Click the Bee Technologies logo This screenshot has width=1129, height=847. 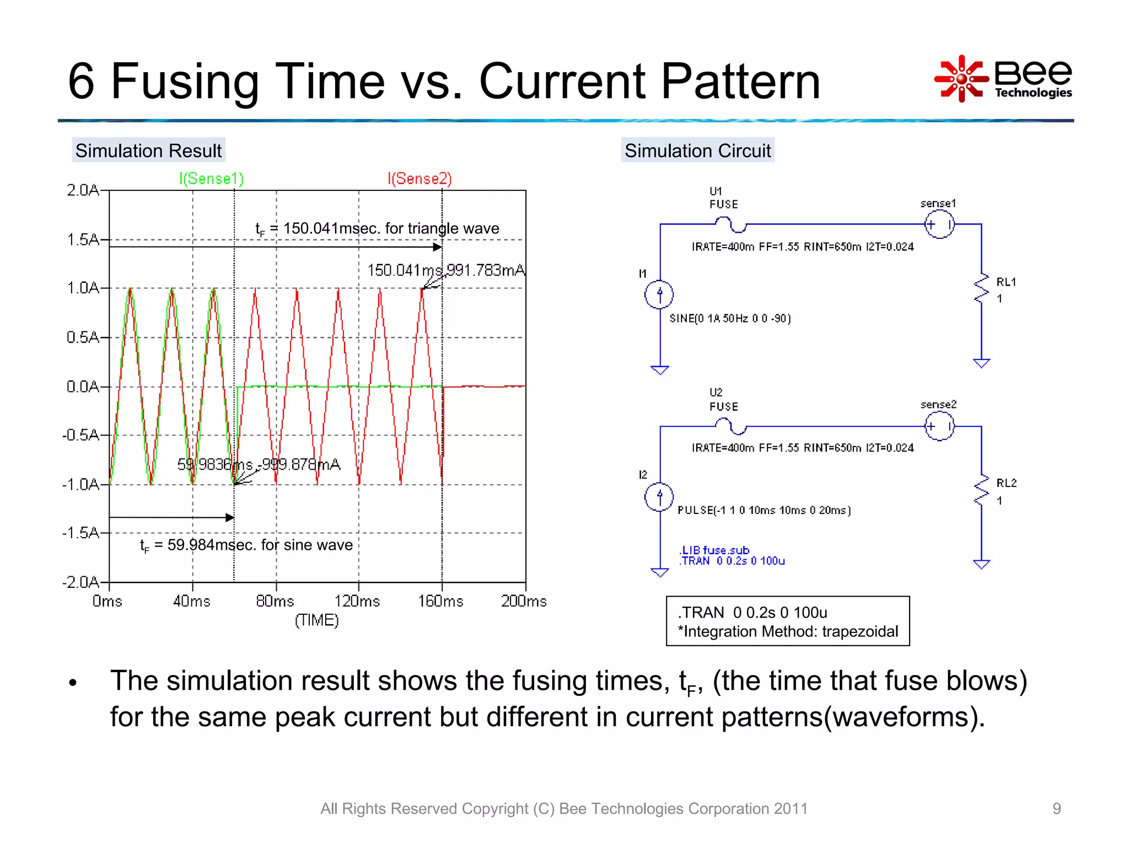[1003, 79]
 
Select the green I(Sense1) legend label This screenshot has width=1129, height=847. [211, 179]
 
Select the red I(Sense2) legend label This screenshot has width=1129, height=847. [420, 179]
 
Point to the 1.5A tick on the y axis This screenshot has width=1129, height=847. [83, 239]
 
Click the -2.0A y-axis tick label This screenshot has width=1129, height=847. [81, 582]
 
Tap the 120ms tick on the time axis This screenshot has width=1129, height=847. [357, 601]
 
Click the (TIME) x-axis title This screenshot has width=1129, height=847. [316, 620]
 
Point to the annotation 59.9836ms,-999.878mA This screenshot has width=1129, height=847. [259, 464]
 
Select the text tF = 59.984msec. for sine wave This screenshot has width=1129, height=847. [246, 545]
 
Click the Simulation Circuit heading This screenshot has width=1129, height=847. [697, 151]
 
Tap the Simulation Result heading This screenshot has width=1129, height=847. [148, 151]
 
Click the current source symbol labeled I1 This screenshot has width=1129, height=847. [659, 294]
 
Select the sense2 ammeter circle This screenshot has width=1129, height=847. [939, 426]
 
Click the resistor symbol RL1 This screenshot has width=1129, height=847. [982, 290]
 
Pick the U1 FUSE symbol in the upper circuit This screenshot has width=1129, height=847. [731, 224]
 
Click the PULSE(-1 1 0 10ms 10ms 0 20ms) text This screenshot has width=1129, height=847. [764, 510]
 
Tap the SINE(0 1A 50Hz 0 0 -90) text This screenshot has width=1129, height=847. [730, 318]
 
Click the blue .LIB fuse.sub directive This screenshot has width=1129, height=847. [714, 550]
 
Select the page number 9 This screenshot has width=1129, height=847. [1056, 808]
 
